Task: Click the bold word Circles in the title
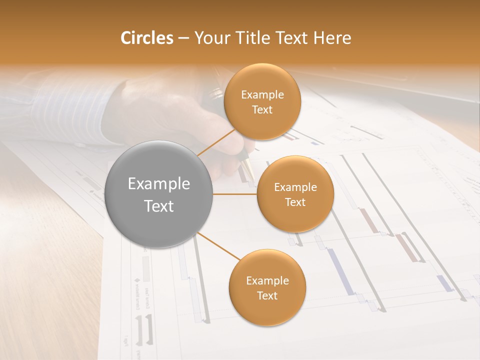(146, 38)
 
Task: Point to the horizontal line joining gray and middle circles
(235, 194)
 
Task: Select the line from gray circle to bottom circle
(219, 245)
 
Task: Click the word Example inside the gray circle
(158, 184)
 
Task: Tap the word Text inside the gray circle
(158, 206)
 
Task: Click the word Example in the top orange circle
(262, 95)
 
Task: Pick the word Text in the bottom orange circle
(267, 295)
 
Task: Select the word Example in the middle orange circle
(295, 187)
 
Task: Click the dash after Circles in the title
(183, 38)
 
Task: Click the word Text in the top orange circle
(262, 109)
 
